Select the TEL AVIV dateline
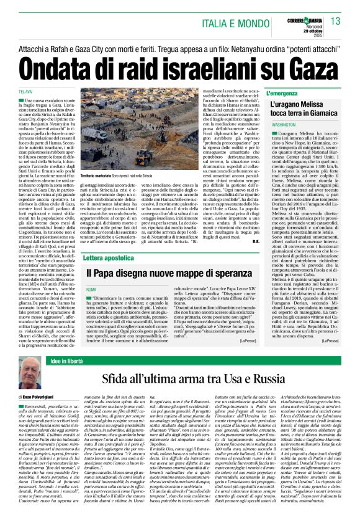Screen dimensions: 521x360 [x=24, y=92]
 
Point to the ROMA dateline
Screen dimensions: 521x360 [x=91, y=290]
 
